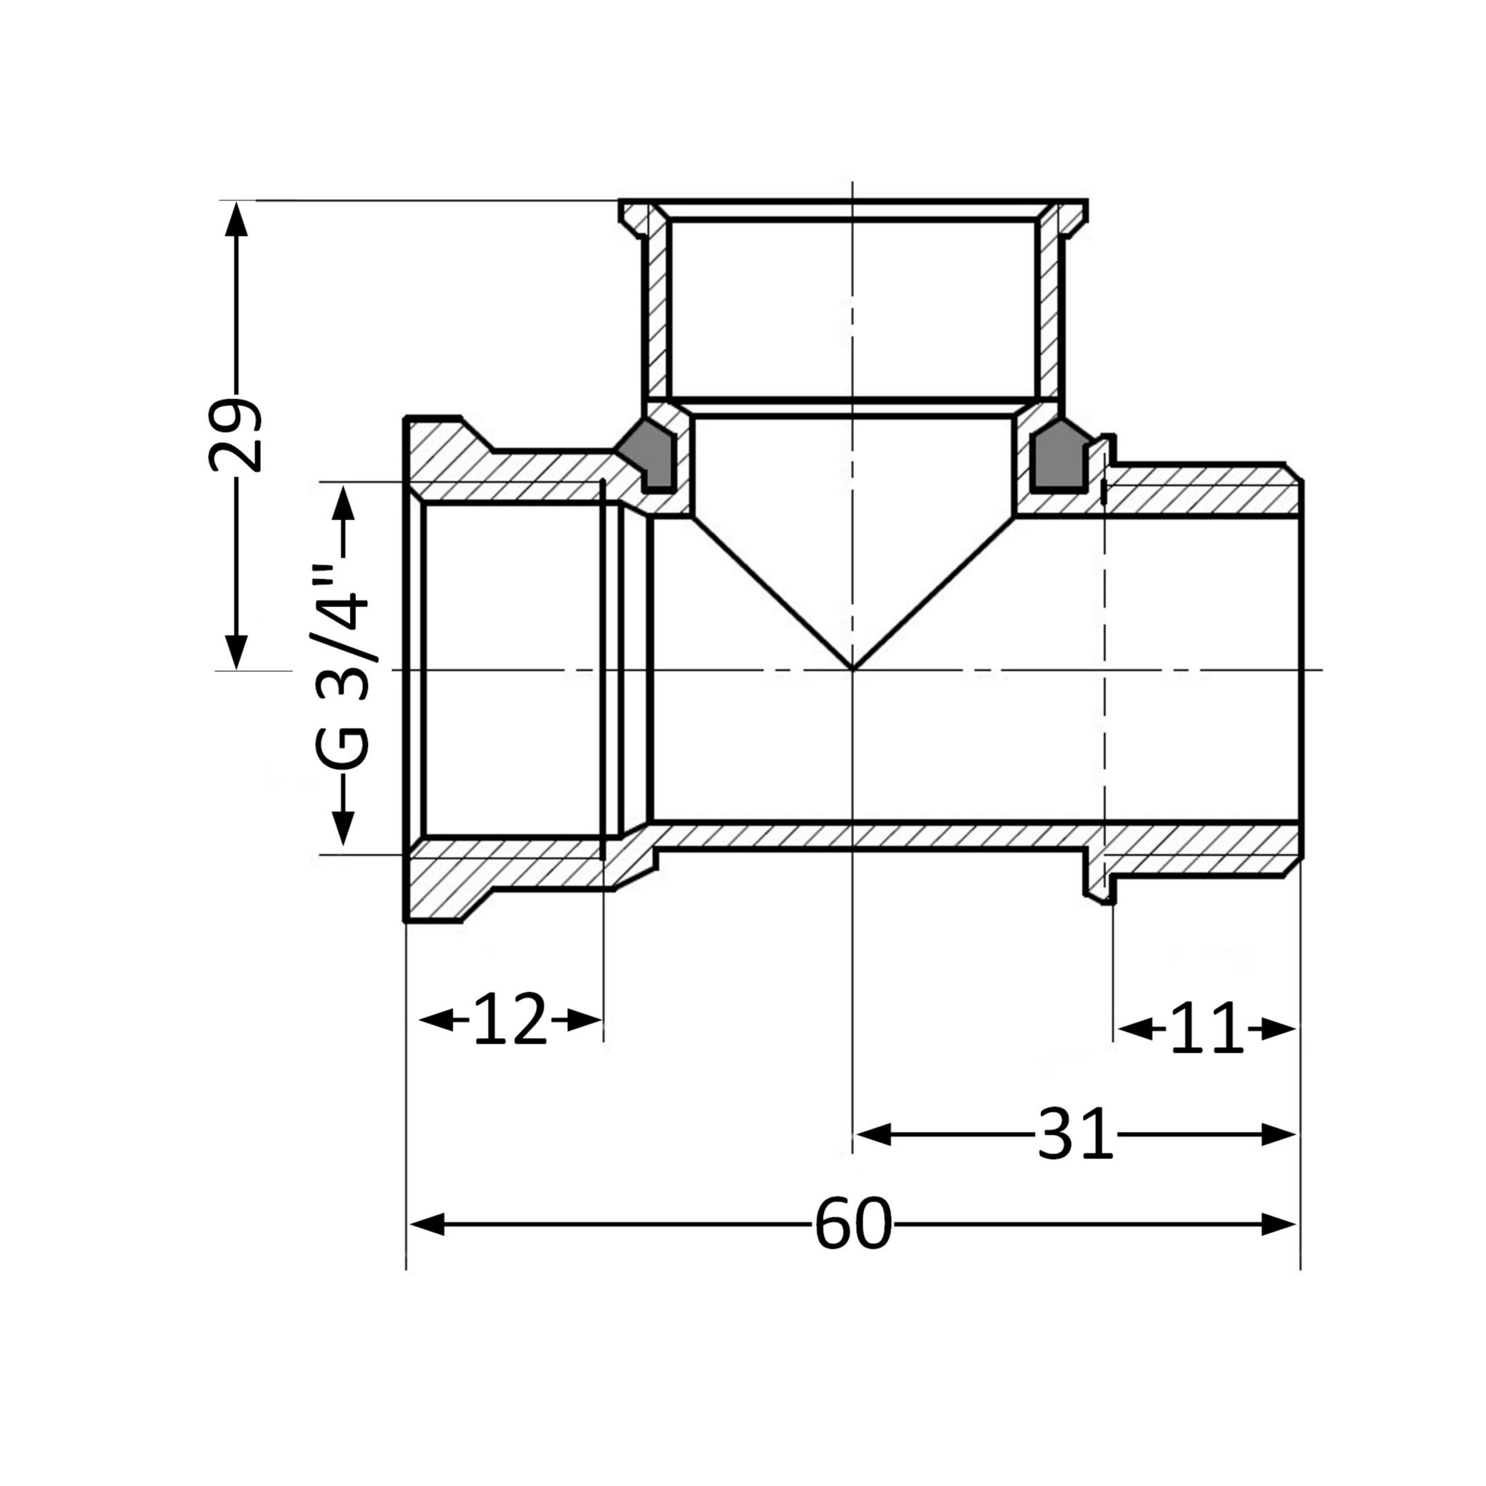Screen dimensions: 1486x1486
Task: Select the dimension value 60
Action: tap(853, 1224)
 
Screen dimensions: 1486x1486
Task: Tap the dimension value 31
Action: tap(1075, 1134)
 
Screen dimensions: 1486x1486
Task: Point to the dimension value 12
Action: tap(510, 1020)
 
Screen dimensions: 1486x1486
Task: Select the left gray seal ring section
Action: tap(648, 455)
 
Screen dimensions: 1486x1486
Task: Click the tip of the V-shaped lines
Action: tap(852, 668)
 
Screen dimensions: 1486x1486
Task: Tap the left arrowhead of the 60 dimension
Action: tap(427, 1224)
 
